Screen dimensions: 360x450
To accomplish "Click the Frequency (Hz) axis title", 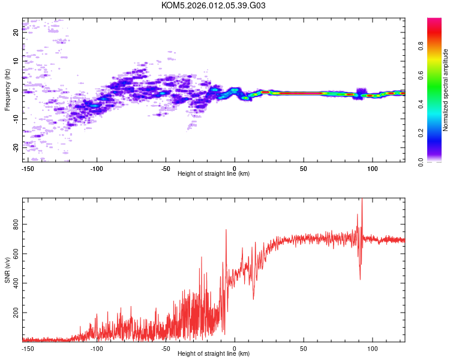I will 7,90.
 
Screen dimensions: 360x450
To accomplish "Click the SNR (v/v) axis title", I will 7,270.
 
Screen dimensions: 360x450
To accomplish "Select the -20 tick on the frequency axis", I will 16,147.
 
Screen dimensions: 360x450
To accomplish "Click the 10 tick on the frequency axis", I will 16,61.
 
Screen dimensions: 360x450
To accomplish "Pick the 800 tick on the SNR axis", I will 16,224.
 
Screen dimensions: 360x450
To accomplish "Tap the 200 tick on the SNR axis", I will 16,313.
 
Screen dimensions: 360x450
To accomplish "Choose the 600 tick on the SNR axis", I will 16,254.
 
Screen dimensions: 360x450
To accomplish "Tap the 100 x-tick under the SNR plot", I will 372,348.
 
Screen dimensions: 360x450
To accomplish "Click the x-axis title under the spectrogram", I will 214,174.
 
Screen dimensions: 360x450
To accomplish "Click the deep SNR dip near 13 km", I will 253,298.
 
